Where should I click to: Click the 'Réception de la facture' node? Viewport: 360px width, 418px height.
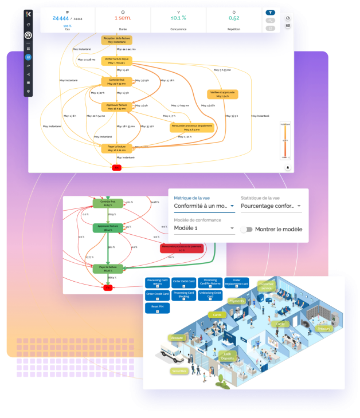click(117, 40)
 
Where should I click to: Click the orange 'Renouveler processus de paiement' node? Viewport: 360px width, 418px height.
click(191, 127)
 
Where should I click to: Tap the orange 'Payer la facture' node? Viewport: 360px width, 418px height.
click(117, 148)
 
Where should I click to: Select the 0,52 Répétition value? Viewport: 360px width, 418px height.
click(234, 18)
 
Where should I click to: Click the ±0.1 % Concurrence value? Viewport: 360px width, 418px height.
click(178, 18)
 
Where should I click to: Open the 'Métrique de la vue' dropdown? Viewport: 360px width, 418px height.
click(204, 206)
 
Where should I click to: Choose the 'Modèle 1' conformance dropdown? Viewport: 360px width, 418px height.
click(204, 228)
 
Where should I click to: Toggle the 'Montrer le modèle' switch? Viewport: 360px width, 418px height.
click(246, 229)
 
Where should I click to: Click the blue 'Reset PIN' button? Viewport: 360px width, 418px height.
click(156, 307)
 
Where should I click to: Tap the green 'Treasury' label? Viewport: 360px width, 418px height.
click(324, 329)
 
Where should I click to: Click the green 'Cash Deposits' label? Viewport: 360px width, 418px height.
click(227, 356)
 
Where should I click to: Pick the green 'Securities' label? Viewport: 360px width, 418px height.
click(179, 371)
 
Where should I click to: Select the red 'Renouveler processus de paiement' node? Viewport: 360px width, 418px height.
click(181, 248)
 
